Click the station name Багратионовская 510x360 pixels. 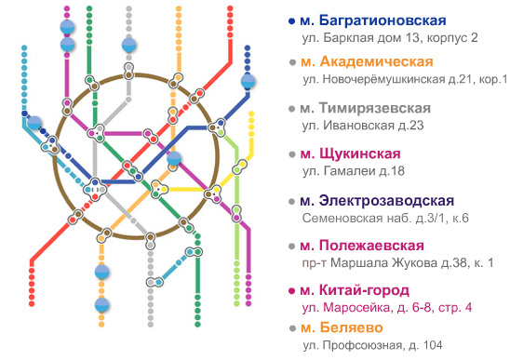click(x=382, y=20)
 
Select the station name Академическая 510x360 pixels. click(x=376, y=61)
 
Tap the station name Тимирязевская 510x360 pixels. click(x=375, y=108)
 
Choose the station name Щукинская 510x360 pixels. click(x=360, y=153)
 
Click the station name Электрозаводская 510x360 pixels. click(x=386, y=201)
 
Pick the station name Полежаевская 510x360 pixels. click(x=371, y=246)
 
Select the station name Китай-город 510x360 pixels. click(x=364, y=290)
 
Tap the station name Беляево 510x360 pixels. click(x=351, y=327)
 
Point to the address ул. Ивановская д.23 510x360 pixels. click(x=363, y=126)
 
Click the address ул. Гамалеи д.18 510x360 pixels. click(x=354, y=171)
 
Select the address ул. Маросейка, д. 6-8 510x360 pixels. click(x=368, y=308)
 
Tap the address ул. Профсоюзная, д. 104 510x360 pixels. click(x=372, y=345)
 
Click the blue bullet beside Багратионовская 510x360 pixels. click(x=291, y=21)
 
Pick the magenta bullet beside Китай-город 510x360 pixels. click(x=291, y=291)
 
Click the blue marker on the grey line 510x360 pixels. click(x=128, y=46)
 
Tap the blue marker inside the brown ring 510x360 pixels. click(x=174, y=158)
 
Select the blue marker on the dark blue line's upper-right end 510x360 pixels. click(x=248, y=81)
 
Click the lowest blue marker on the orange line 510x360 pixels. click(x=101, y=305)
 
